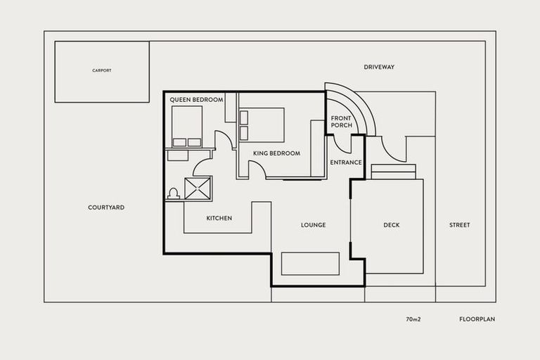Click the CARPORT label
[102, 71]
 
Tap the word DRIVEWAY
[379, 67]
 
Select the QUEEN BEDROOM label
[196, 100]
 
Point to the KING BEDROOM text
[276, 153]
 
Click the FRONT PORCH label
[341, 122]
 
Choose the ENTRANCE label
[345, 162]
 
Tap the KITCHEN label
[219, 218]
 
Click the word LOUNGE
[313, 225]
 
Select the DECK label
[392, 225]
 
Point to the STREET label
[459, 225]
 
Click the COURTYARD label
[106, 207]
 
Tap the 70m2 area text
[413, 319]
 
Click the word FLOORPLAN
[477, 319]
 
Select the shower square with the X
[198, 188]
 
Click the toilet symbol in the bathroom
[174, 193]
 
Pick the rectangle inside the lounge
[310, 264]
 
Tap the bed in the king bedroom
[262, 124]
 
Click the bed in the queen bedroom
[187, 126]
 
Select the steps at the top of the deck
[393, 172]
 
